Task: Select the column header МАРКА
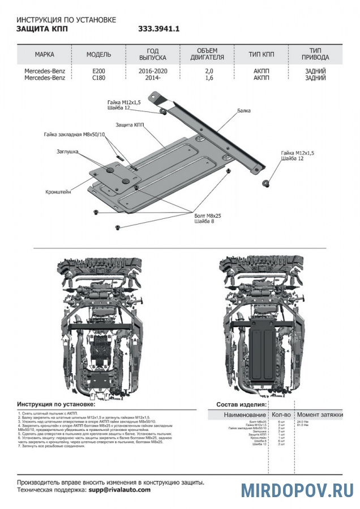point(45,55)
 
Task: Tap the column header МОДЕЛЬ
point(98,55)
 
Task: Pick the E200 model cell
point(98,71)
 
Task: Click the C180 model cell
point(98,78)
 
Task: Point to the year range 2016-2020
point(152,71)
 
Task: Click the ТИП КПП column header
point(262,55)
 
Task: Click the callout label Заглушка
point(67,152)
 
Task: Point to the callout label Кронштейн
point(58,192)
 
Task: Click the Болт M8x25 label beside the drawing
point(206,216)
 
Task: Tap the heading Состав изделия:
point(242,405)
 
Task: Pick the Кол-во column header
point(282,415)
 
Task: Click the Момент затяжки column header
point(320,415)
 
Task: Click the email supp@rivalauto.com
point(119,490)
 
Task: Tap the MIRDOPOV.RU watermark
point(298,490)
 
